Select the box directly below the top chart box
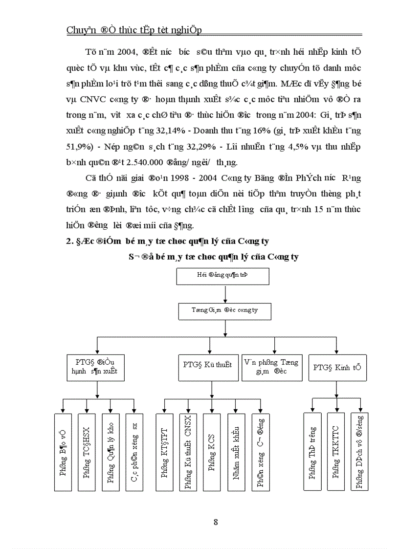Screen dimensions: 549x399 224,310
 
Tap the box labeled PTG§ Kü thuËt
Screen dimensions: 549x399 207,365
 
